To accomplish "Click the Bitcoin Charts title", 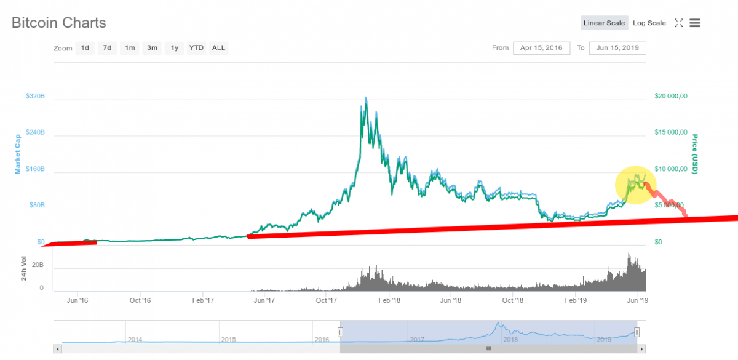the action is (58, 23).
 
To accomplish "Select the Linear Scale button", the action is (604, 23).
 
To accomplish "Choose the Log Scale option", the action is (649, 23).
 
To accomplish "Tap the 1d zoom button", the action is (85, 48).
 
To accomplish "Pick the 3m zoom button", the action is (152, 48).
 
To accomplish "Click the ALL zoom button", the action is (218, 48).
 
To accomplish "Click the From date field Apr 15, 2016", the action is (541, 48).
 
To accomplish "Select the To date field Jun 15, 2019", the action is (617, 48).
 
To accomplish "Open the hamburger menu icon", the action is (695, 23).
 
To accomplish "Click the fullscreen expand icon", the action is (679, 23).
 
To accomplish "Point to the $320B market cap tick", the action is (35, 96).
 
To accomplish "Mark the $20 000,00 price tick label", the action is (671, 96).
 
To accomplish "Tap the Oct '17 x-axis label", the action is (326, 300).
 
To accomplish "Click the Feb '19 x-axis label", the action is (576, 300).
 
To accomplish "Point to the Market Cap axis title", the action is (17, 154).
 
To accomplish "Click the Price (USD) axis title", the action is (695, 154).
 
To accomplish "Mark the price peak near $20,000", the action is (366, 98).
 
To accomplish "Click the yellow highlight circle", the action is (635, 185).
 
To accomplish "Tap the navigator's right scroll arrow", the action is (641, 349).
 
